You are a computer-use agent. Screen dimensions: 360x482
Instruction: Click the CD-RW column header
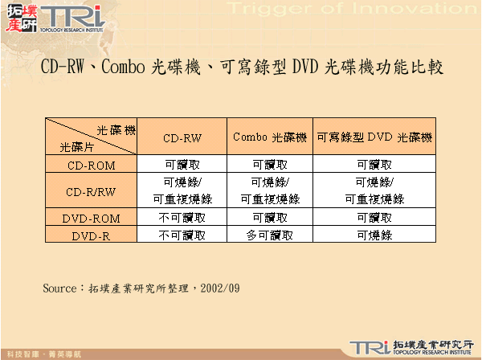[x=182, y=138]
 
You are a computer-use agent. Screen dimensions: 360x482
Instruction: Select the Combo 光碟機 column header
[x=270, y=137]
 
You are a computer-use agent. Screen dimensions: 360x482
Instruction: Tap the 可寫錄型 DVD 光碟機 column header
[x=374, y=137]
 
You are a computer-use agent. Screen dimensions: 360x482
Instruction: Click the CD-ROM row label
[x=91, y=165]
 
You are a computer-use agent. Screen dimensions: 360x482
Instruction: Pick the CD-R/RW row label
[x=91, y=191]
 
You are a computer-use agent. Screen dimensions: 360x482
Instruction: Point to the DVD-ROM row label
[x=91, y=219]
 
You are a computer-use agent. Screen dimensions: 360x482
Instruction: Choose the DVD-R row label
[x=91, y=235]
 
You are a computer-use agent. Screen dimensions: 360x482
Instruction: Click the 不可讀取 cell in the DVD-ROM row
[x=182, y=219]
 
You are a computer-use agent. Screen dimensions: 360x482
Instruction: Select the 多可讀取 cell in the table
[x=270, y=235]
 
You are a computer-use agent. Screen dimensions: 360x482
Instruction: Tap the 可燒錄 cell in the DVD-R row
[x=374, y=235]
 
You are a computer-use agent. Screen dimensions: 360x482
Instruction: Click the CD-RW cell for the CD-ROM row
[x=182, y=165]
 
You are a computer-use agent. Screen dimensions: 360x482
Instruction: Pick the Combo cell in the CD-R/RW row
[x=270, y=191]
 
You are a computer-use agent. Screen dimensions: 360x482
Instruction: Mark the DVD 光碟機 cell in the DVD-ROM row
[x=374, y=219]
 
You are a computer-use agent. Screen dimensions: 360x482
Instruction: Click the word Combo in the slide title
[x=122, y=67]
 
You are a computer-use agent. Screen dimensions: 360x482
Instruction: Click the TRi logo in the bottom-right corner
[x=370, y=346]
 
